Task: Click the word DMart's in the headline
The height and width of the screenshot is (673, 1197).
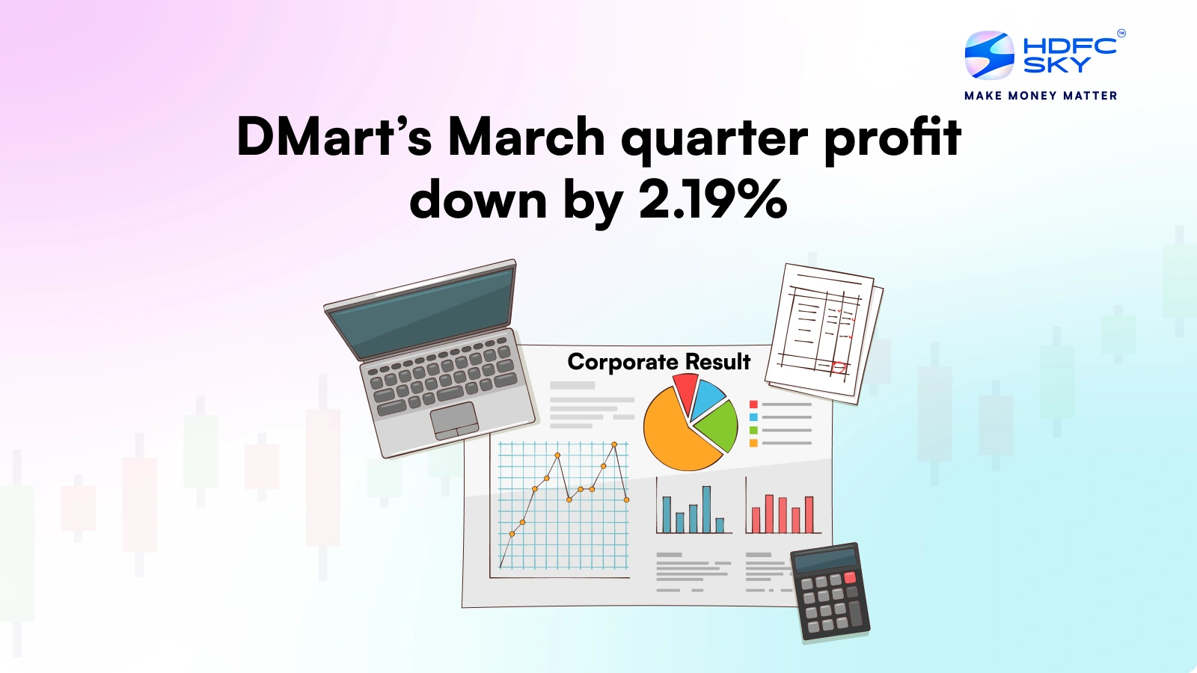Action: tap(334, 138)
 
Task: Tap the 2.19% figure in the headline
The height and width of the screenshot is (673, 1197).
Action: tap(711, 200)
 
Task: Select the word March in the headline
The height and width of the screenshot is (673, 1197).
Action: tap(526, 138)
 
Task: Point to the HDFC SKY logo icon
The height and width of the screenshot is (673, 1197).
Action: tap(989, 55)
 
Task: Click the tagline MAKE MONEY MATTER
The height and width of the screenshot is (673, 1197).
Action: tap(1041, 96)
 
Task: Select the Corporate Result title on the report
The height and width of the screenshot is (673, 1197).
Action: tap(658, 362)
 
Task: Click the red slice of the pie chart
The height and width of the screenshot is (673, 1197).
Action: tap(685, 390)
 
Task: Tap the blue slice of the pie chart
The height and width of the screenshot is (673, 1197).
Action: tap(706, 398)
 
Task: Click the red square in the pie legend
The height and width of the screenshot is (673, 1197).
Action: tap(753, 405)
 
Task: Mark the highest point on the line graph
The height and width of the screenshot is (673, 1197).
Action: tap(614, 445)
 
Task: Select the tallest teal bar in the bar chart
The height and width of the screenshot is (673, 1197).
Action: tap(706, 509)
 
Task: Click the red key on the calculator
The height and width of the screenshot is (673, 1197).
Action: tap(850, 578)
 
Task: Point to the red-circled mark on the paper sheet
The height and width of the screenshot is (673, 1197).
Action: tap(838, 367)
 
